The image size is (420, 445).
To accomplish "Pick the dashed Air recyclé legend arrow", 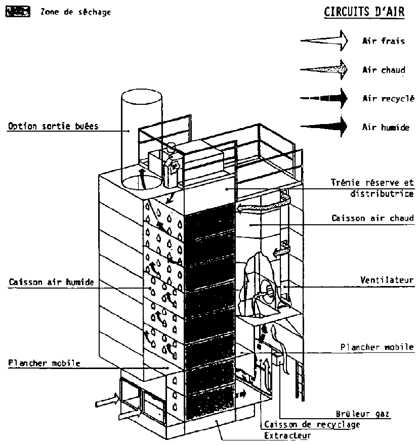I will [324, 98].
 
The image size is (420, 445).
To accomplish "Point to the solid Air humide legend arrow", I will [324, 126].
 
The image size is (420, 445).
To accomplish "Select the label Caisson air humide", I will [51, 282].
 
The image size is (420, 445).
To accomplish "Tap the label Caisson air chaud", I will [373, 219].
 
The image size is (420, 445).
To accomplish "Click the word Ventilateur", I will [387, 279].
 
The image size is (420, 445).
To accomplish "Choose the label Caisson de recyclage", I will [312, 424].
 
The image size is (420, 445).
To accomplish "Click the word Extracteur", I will [287, 435].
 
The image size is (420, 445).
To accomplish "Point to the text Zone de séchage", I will [75, 12].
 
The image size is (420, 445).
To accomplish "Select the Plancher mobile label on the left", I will [44, 363].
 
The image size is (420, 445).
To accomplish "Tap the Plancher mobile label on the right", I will [377, 347].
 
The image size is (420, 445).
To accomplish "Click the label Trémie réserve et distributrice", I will [373, 187].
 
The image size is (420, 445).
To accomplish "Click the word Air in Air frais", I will [369, 41].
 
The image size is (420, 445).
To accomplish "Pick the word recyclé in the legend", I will [397, 99].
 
